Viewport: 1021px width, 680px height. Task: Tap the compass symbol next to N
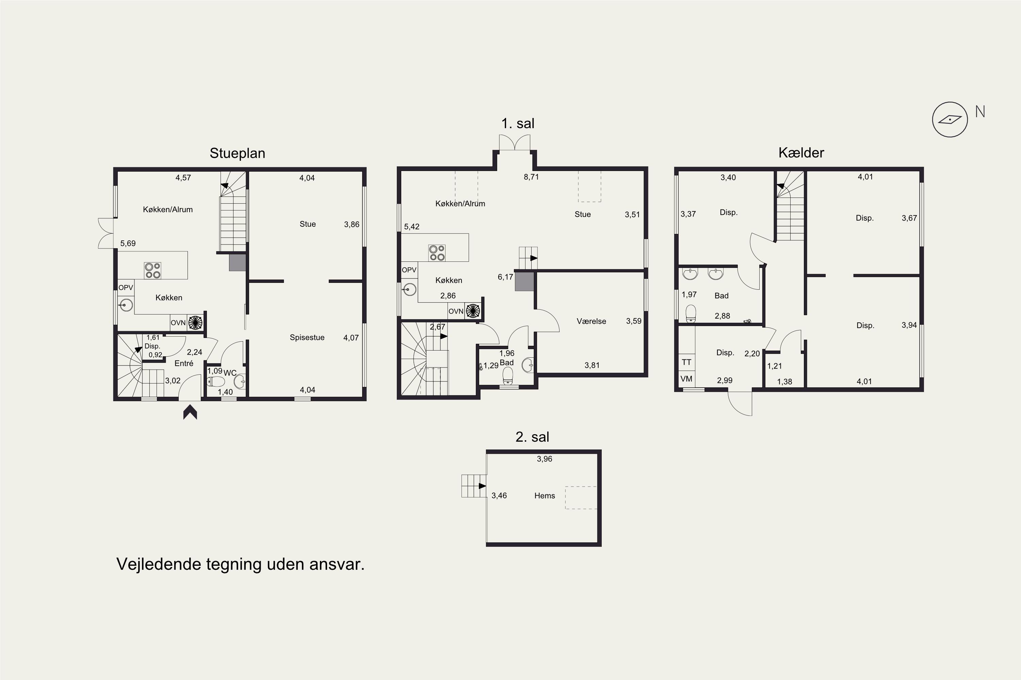pos(950,120)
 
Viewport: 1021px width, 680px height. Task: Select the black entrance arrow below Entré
pos(190,412)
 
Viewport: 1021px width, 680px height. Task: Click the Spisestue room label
pos(307,337)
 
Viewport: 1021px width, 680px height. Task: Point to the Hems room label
pos(544,496)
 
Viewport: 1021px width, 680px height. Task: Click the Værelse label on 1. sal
pos(591,321)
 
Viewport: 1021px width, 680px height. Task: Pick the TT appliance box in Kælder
pos(687,362)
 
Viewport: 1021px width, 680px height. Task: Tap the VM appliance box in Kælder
pos(687,379)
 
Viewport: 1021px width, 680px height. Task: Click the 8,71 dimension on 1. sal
pos(531,177)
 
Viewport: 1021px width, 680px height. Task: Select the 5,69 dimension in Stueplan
pos(128,244)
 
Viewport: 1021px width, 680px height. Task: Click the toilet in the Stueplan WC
pos(216,381)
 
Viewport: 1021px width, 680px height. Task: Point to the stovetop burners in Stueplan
pos(153,271)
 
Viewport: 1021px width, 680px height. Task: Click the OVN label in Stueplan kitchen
pos(178,323)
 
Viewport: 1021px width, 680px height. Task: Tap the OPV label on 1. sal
pos(409,270)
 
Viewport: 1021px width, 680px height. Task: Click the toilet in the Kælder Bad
pos(691,314)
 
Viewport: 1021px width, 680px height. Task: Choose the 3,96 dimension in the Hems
pos(544,459)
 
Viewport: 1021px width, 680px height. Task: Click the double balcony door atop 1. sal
pos(514,143)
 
